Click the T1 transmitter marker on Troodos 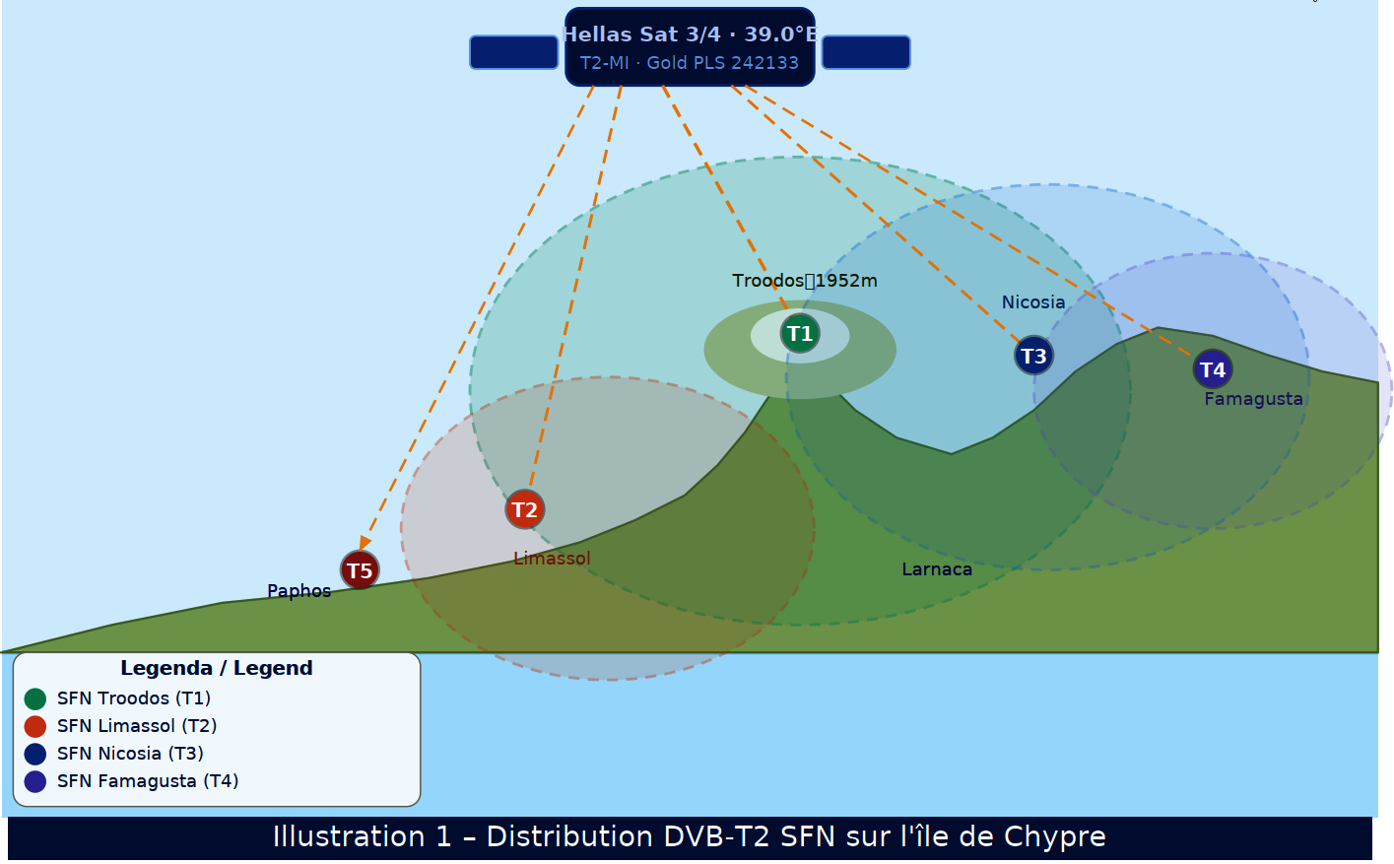click(800, 334)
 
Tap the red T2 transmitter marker click(525, 509)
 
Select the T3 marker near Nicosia click(1033, 356)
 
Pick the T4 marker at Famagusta click(1213, 369)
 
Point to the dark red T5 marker click(360, 570)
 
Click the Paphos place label click(299, 591)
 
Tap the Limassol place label click(552, 559)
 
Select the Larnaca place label click(937, 569)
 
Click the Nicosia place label click(1033, 302)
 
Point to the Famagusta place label click(1253, 399)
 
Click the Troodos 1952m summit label click(805, 281)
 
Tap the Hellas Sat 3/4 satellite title click(690, 34)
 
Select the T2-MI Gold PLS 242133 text click(690, 63)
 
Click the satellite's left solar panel click(514, 52)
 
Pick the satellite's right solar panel click(866, 52)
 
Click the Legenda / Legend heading click(217, 668)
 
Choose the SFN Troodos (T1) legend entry click(134, 698)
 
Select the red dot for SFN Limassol click(35, 727)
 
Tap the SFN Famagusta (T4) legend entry click(148, 781)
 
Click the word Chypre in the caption click(1054, 837)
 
